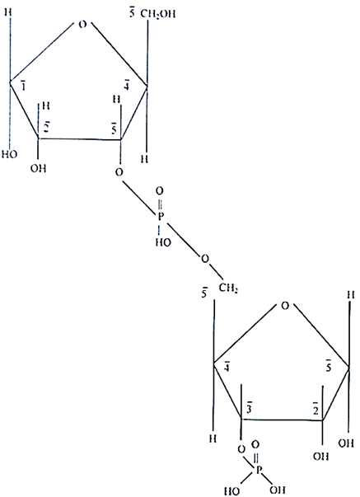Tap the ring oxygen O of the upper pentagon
coord(82,25)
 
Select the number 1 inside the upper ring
coord(23,86)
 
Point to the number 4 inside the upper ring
coord(127,85)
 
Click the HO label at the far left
coord(10,154)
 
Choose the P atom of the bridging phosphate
coord(161,217)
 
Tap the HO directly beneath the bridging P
coord(163,242)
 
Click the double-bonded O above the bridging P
coord(160,191)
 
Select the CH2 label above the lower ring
coord(228,288)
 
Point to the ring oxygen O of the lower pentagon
coord(285,306)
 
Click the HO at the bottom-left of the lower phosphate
coord(232,491)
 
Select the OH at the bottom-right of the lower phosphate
coord(278,489)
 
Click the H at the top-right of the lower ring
coord(350,295)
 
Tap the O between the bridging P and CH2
coord(205,259)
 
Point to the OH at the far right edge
coord(346,443)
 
